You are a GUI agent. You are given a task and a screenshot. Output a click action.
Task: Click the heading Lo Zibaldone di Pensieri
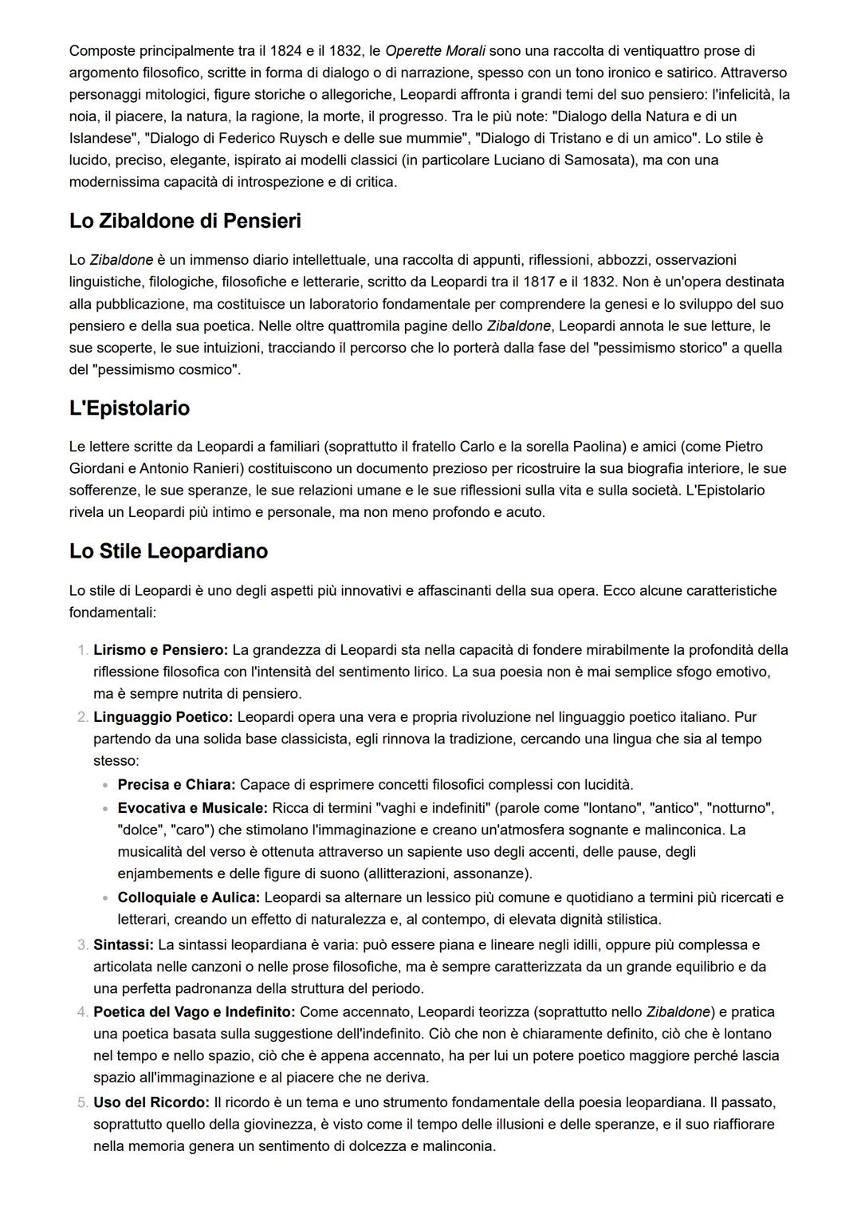point(185,221)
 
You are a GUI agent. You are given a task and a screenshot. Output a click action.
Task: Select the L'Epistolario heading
point(129,408)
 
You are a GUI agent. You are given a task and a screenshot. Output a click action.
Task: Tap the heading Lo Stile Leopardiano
point(168,551)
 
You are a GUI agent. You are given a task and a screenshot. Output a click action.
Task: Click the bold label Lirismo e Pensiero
point(160,650)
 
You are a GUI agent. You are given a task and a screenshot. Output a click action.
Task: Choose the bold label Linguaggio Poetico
point(163,717)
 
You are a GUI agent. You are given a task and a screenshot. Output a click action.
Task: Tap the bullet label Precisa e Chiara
point(176,785)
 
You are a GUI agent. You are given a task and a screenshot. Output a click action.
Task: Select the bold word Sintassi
point(124,944)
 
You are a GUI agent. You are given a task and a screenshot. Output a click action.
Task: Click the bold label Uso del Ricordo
point(151,1102)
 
